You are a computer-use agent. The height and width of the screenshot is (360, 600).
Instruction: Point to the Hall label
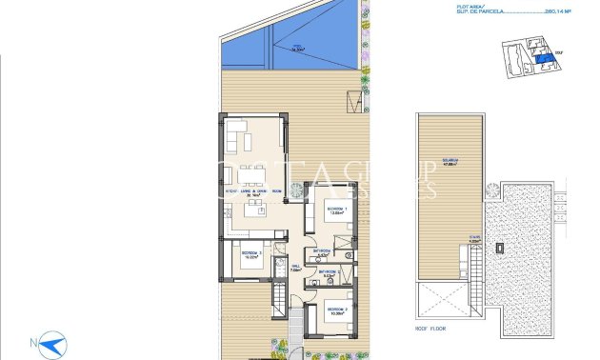(x=295, y=267)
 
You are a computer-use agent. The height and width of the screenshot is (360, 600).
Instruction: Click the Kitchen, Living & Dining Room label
(x=252, y=192)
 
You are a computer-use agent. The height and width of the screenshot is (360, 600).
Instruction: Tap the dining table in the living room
(x=252, y=173)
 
